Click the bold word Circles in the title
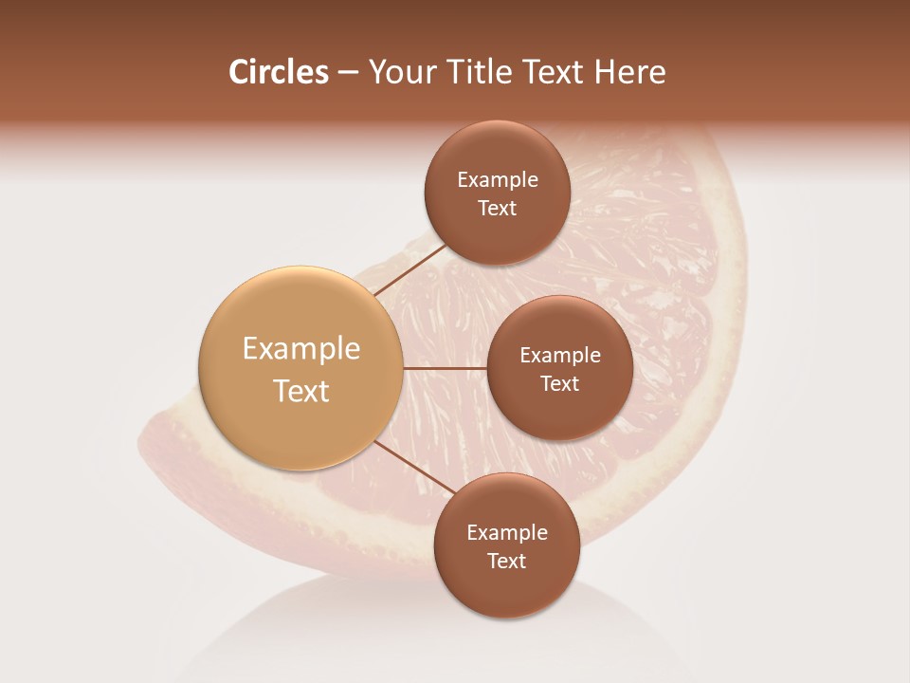[279, 72]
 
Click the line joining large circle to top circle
[410, 269]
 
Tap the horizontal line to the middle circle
[446, 367]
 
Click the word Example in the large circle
[301, 349]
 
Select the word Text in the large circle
[301, 391]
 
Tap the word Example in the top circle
[498, 180]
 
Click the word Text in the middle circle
[559, 384]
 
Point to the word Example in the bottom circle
[507, 533]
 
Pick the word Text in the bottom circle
[506, 562]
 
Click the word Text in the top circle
[497, 209]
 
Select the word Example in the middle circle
[560, 356]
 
